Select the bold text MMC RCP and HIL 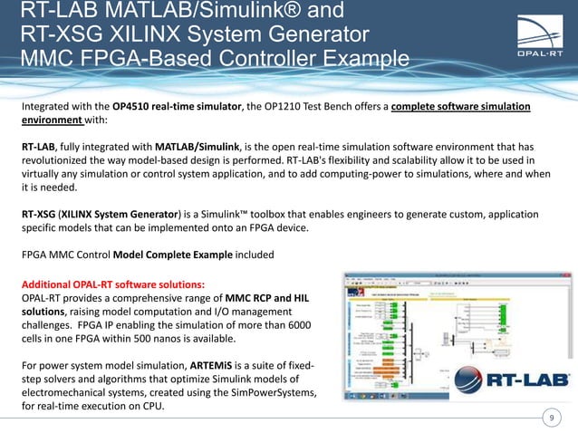click(261, 296)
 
